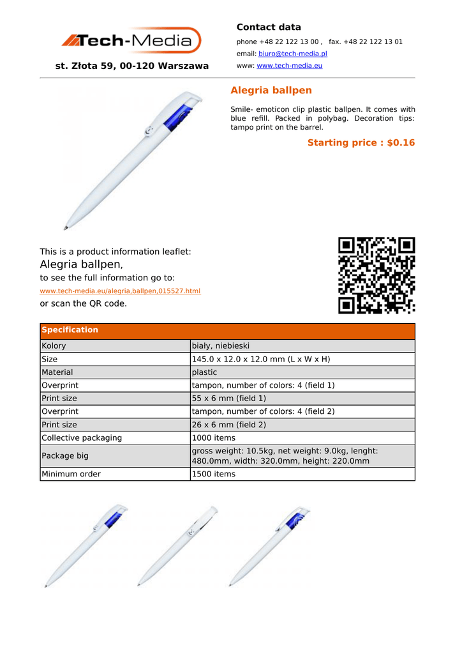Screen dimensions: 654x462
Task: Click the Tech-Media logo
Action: pos(131,41)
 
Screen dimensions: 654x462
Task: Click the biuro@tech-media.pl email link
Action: pos(292,54)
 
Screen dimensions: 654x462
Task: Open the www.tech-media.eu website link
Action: pos(289,65)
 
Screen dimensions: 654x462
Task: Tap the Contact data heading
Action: pos(269,27)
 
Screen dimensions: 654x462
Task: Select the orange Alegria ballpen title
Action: pos(271,90)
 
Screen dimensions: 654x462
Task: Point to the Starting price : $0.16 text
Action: pos(361,142)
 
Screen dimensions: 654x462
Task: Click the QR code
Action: pos(376,275)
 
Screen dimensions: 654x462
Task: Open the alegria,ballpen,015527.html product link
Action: pos(120,291)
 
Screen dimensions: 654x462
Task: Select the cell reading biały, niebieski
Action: pos(221,346)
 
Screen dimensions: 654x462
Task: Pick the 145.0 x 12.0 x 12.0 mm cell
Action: pos(261,359)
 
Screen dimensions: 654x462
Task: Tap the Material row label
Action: pos(57,372)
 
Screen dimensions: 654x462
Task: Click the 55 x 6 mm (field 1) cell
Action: pos(229,398)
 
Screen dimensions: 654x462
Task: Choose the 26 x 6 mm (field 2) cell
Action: pos(229,424)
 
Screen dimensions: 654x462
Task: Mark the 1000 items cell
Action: pos(214,437)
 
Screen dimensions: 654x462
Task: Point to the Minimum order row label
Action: pos(71,474)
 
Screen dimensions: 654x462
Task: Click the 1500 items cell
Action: pos(214,474)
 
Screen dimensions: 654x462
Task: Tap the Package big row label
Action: pos(65,456)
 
